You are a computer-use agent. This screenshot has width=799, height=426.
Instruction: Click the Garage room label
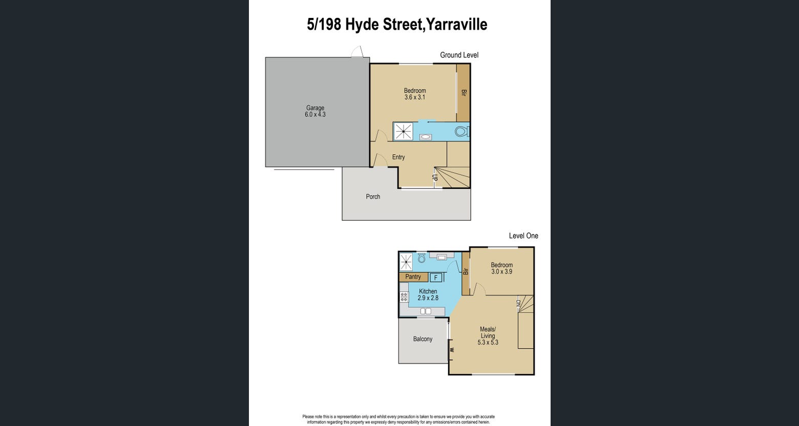coord(315,108)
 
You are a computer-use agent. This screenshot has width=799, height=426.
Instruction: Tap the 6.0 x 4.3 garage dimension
coord(315,114)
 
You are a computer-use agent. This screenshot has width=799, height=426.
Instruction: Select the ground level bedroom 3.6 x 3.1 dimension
coord(415,97)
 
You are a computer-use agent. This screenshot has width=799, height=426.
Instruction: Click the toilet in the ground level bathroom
coord(462,132)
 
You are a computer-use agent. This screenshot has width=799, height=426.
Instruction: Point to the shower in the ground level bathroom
coord(404,132)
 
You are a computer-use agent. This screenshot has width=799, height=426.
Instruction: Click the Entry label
coord(398,157)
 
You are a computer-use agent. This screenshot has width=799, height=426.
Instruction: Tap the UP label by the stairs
coord(434,177)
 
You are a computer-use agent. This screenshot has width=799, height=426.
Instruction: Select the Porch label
coord(373,197)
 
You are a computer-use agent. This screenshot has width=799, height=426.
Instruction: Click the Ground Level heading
coord(459,55)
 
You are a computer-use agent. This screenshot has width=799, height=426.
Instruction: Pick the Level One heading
coord(523,236)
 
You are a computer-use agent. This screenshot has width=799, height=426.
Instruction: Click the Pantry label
coord(413,276)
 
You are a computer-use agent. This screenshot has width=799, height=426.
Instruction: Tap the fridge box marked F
coord(436,278)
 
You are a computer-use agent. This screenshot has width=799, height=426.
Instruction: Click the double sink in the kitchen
coord(426,311)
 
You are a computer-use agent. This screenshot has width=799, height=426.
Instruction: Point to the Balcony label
coord(423,338)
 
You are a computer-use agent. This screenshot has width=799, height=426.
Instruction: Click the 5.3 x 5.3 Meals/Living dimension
coord(488,342)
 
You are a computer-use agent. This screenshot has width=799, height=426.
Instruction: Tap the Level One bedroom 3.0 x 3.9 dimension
coord(501,271)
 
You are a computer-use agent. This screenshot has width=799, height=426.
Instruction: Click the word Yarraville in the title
coord(457,24)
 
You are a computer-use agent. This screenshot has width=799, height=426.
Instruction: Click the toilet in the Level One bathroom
coord(422,258)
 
